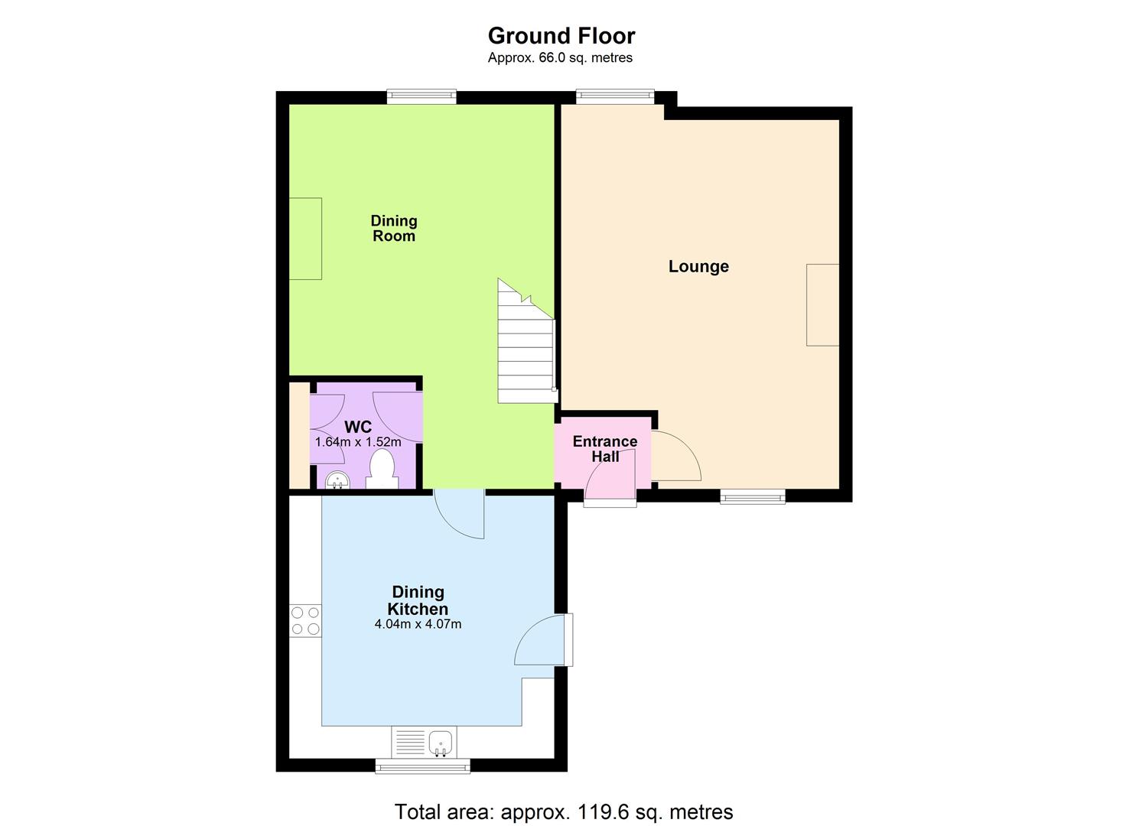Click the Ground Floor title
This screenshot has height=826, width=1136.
coord(561,36)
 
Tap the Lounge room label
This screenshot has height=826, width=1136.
coord(698,267)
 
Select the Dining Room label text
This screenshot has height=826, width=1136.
coord(394,228)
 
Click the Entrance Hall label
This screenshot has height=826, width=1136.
coord(605,449)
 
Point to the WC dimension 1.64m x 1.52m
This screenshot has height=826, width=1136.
coord(358,442)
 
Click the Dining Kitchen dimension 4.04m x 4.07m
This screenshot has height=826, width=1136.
coord(418,624)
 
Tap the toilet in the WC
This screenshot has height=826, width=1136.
coord(382,470)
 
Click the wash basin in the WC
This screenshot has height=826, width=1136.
coord(337,480)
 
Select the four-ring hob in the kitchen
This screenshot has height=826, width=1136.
coord(305,620)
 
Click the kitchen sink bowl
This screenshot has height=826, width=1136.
coord(440,743)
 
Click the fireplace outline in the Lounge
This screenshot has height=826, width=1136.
coord(822,304)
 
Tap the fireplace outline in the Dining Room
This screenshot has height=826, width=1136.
coord(305,239)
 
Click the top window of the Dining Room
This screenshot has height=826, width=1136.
coord(422,96)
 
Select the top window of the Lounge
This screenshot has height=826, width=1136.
coord(614,96)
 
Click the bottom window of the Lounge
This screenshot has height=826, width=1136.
coord(753,496)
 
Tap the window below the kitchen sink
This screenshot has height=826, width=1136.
coord(422,766)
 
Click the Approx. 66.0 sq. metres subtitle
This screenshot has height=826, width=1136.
coord(560,58)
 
